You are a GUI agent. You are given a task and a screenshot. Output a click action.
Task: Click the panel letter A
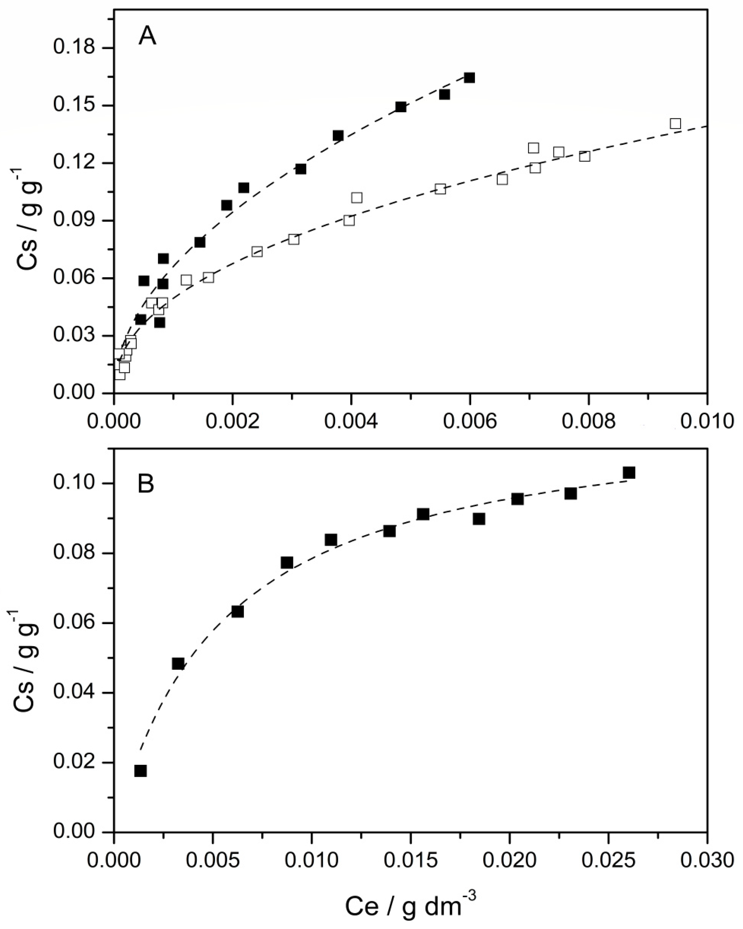point(147,37)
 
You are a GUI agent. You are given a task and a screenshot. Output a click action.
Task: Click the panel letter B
point(146,485)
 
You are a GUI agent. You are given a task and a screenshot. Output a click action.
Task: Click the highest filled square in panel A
point(470,78)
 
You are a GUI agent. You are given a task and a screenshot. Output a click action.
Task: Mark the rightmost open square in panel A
point(675,124)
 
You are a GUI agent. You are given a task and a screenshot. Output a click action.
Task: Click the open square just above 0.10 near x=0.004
point(357,198)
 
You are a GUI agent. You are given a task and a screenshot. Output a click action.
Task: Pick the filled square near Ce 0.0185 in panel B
point(479,519)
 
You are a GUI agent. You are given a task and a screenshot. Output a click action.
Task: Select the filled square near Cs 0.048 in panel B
point(178,664)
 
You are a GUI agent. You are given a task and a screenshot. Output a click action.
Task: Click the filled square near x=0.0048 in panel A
point(400,107)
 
